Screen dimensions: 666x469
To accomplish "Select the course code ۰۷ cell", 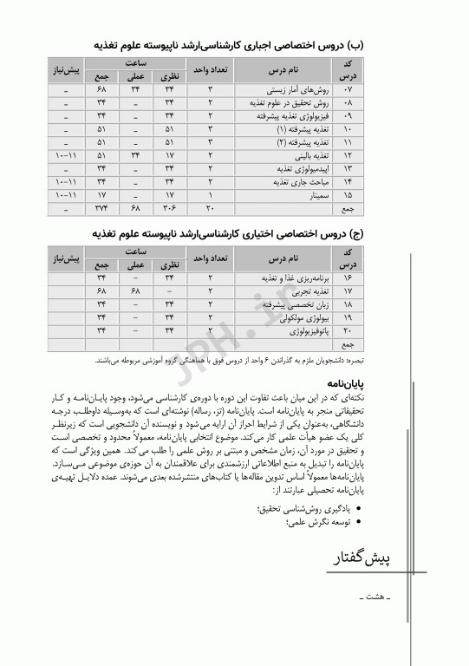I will point(349,89).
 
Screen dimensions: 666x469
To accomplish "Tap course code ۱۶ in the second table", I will point(349,278).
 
